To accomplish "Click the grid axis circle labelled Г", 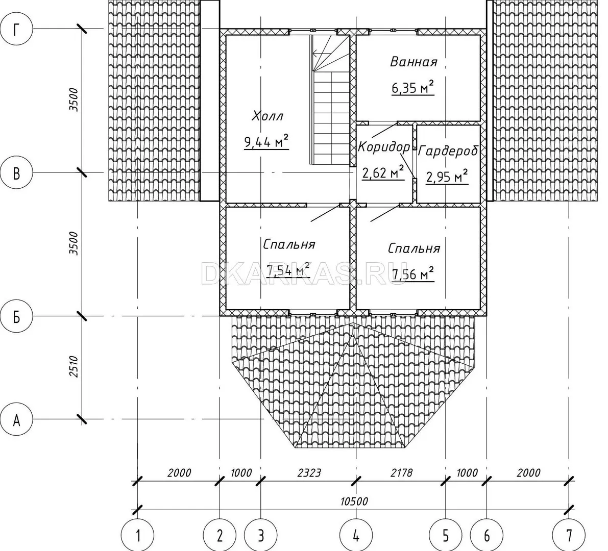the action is pyautogui.click(x=16, y=29).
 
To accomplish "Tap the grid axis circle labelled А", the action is pyautogui.click(x=16, y=419).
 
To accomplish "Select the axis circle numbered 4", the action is pyautogui.click(x=356, y=536).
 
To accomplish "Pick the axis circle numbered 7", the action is pyautogui.click(x=569, y=536).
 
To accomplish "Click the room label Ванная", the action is pyautogui.click(x=414, y=62).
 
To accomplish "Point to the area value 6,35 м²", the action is pyautogui.click(x=412, y=88).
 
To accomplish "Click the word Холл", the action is pyautogui.click(x=267, y=116).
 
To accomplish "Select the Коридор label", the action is pyautogui.click(x=384, y=147).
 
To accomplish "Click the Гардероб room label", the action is pyautogui.click(x=448, y=151).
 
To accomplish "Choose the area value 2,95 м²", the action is pyautogui.click(x=447, y=177).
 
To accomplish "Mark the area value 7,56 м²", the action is pyautogui.click(x=413, y=273).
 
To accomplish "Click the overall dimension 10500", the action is pyautogui.click(x=354, y=502).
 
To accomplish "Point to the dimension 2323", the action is pyautogui.click(x=309, y=473).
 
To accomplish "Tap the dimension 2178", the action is pyautogui.click(x=401, y=473).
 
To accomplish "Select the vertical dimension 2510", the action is pyautogui.click(x=74, y=367).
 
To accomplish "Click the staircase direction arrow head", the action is pyautogui.click(x=315, y=54).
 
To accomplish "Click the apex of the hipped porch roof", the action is pyautogui.click(x=353, y=323).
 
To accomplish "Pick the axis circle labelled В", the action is pyautogui.click(x=16, y=173).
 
